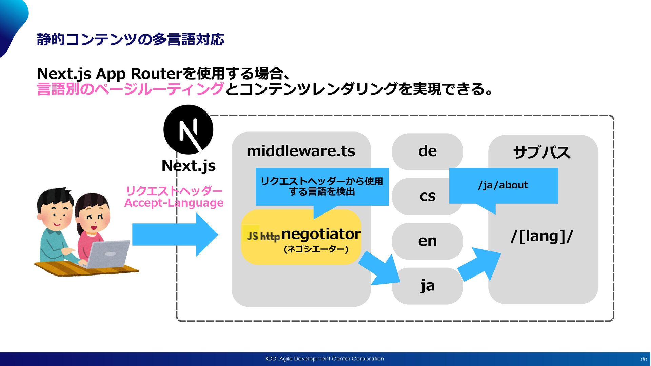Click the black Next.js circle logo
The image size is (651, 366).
coord(188,129)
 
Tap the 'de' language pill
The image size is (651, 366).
coord(427,151)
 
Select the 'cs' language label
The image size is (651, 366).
coord(427,196)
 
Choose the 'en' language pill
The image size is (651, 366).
coord(427,241)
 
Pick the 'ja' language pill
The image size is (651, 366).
coord(427,286)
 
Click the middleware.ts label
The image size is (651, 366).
coord(301,151)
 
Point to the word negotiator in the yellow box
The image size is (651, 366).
coord(321,234)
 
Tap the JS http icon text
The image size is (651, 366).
coord(263,236)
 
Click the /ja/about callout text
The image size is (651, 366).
coord(503,185)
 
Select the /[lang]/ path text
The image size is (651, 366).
coord(541,236)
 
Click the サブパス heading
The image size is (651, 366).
coord(541,152)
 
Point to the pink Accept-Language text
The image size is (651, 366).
coord(174,203)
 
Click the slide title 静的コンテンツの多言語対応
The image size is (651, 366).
coord(131,39)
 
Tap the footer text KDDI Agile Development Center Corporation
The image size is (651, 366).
coord(324,359)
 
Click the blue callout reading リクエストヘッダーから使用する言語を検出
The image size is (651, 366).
coord(322,186)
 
